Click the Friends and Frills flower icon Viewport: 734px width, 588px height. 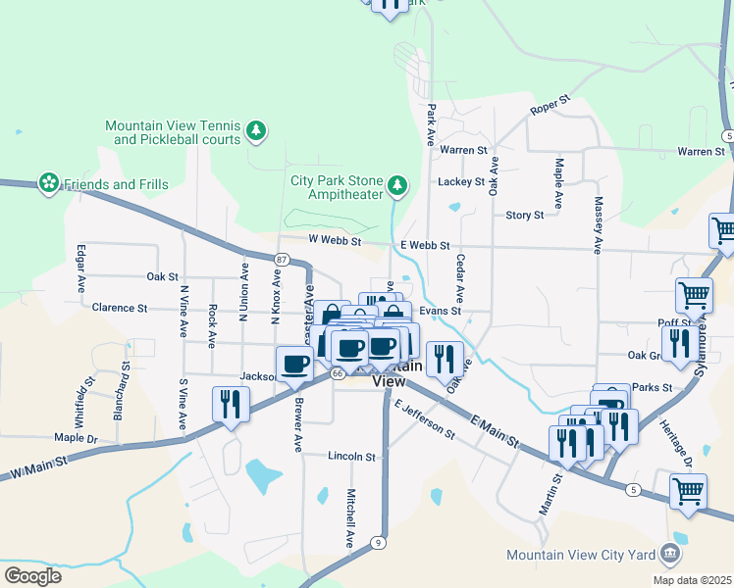48,184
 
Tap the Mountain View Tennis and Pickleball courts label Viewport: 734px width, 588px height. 173,132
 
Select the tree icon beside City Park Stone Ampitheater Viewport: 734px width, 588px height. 396,184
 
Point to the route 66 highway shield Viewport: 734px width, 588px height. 337,373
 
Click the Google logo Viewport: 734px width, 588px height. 32,575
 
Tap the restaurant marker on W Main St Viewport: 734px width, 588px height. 232,405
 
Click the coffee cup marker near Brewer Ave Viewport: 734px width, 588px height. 294,364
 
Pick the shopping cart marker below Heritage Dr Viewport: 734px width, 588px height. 688,491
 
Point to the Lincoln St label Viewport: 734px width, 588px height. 351,457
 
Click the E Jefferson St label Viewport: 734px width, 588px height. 425,419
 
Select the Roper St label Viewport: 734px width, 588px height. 550,106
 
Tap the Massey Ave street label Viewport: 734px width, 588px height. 598,224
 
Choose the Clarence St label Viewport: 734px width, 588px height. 119,308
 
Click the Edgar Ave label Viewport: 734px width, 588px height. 80,268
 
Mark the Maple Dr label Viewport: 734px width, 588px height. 78,438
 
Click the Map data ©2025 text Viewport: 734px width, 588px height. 691,579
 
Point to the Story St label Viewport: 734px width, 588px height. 524,216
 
